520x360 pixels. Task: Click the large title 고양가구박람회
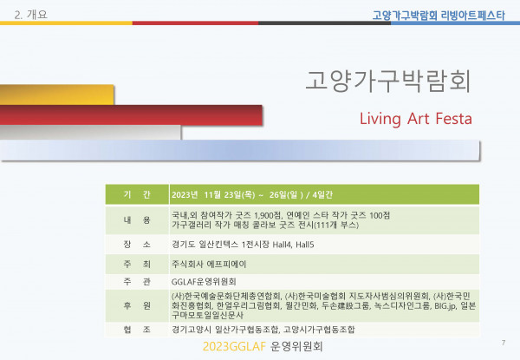pos(387,82)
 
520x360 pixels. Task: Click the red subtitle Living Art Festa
pos(416,119)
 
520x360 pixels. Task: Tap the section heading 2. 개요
pos(31,15)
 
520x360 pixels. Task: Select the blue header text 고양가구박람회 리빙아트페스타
pos(439,16)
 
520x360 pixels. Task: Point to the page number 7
pos(504,343)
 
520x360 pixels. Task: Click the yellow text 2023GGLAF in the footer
pos(234,346)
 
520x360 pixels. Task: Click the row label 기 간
pos(137,194)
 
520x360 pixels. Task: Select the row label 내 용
pos(137,220)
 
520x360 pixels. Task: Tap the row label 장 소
pos(137,245)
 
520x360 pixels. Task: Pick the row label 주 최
pos(137,264)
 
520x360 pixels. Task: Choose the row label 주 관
pos(137,282)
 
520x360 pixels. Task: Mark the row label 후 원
pos(137,305)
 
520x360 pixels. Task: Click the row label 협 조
pos(137,330)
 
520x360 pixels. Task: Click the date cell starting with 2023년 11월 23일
pos(252,195)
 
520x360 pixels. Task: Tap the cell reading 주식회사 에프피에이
pos(209,264)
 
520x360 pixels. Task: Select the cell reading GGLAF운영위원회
pos(204,282)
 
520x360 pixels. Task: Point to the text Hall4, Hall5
pos(293,245)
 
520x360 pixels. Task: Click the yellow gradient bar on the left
pos(56,95)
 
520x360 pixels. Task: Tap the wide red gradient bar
pos(131,115)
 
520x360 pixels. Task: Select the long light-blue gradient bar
pos(240,150)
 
